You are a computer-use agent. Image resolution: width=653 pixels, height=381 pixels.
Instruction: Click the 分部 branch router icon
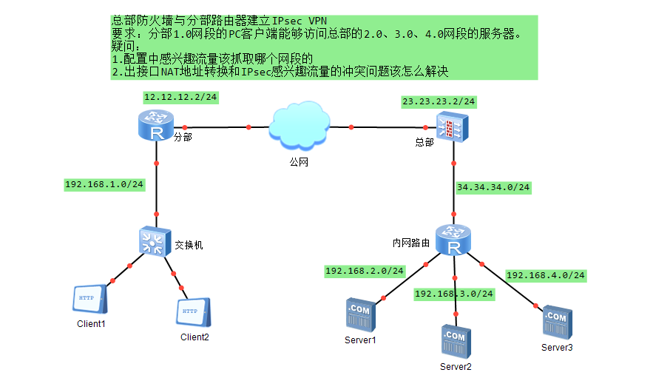pos(156,126)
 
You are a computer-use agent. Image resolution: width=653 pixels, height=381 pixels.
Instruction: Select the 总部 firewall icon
pos(450,127)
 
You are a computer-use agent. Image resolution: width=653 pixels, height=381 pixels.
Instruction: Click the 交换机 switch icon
pos(155,241)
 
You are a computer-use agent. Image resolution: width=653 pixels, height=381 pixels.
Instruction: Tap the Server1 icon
pos(360,315)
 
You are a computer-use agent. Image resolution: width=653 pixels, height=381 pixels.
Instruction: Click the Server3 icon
pos(556,322)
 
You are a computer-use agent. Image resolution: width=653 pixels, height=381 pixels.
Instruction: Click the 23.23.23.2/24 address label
pos(439,101)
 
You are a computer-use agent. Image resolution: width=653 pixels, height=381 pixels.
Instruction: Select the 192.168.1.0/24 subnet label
pos(104,184)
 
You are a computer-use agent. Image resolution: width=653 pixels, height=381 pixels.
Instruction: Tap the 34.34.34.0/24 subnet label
pos(493,187)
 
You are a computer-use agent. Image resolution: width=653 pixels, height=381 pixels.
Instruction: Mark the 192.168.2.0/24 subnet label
pos(365,271)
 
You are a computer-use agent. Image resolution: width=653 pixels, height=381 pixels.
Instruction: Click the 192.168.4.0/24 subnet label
pos(545,275)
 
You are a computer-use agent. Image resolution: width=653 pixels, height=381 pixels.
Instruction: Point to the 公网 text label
pos(297,161)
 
